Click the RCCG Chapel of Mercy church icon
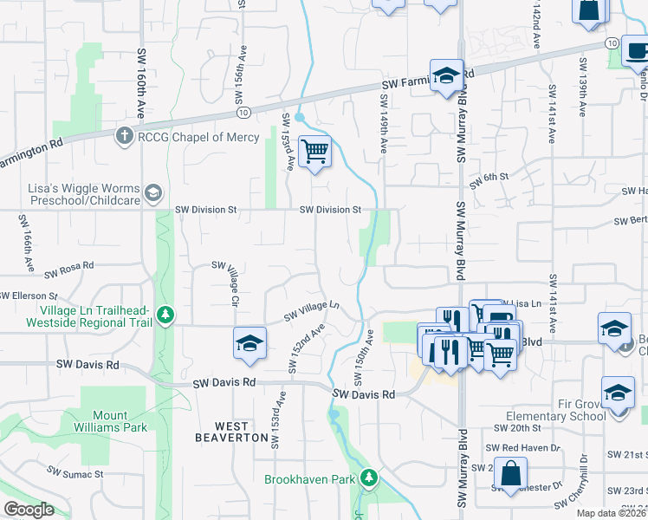(125, 135)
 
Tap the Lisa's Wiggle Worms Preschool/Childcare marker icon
(153, 192)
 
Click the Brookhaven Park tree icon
(369, 478)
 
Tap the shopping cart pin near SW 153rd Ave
(314, 153)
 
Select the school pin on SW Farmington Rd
(446, 75)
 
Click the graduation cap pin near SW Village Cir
(249, 343)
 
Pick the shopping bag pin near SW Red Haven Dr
(511, 473)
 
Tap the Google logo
(29, 510)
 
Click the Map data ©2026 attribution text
(611, 513)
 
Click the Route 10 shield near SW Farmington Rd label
(243, 112)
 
